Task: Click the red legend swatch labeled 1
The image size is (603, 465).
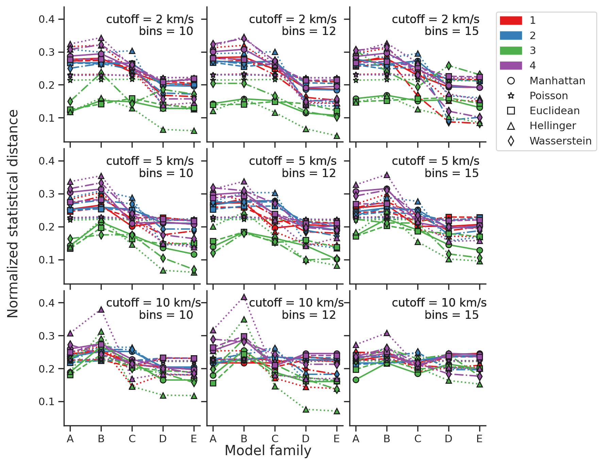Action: [x=510, y=20]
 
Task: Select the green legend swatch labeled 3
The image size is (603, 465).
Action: [x=510, y=51]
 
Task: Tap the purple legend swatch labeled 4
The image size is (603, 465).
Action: [x=510, y=66]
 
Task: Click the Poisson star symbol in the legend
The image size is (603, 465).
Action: [x=511, y=96]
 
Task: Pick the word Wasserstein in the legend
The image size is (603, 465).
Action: [x=560, y=141]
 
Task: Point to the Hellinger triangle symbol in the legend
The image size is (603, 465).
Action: [x=511, y=126]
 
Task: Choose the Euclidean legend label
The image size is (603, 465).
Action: [x=554, y=111]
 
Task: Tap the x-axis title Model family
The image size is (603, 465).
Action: [x=268, y=451]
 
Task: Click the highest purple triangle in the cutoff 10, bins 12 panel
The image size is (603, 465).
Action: [x=244, y=297]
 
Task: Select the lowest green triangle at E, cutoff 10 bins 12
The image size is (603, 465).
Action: [x=337, y=411]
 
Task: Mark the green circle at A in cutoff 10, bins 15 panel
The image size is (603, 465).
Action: [x=356, y=380]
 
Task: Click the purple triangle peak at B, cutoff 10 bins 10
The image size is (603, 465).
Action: [x=101, y=310]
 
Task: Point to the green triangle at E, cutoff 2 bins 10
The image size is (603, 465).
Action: [x=194, y=131]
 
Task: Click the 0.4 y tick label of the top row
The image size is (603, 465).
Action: [x=47, y=19]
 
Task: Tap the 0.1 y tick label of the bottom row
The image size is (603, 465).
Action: [x=47, y=402]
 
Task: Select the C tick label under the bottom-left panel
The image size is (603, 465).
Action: [x=132, y=439]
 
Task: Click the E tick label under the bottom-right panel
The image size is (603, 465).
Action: [x=480, y=439]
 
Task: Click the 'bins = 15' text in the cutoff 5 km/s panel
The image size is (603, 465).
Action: [x=451, y=173]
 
